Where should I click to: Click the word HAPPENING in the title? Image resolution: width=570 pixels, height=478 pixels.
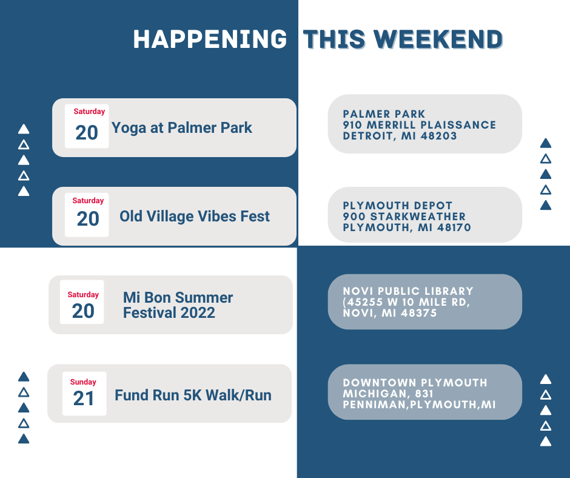pyautogui.click(x=210, y=39)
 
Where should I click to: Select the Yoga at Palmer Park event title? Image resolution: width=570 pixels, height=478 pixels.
pyautogui.click(x=182, y=128)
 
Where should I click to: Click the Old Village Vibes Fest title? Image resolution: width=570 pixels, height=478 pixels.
pyautogui.click(x=195, y=216)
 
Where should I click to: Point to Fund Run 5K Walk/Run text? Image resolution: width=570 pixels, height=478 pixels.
pyautogui.click(x=193, y=395)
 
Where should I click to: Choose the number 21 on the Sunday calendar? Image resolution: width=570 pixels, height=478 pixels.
pyautogui.click(x=84, y=399)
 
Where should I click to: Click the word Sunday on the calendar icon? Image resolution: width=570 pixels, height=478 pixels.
pyautogui.click(x=83, y=382)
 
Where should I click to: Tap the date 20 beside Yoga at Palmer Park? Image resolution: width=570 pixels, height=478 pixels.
pyautogui.click(x=87, y=132)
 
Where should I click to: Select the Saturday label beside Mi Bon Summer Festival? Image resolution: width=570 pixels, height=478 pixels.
pyautogui.click(x=83, y=295)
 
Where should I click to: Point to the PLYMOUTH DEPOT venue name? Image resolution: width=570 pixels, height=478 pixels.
pyautogui.click(x=397, y=206)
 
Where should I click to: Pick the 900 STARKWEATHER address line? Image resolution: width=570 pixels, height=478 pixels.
pyautogui.click(x=404, y=217)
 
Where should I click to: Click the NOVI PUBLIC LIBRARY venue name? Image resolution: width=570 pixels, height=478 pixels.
pyautogui.click(x=408, y=291)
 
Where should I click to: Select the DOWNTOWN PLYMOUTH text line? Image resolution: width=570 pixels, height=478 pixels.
pyautogui.click(x=415, y=383)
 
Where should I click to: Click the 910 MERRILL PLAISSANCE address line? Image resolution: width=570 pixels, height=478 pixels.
pyautogui.click(x=420, y=125)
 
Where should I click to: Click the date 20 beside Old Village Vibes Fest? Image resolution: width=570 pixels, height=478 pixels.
pyautogui.click(x=88, y=219)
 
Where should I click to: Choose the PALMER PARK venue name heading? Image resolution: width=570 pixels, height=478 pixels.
pyautogui.click(x=384, y=114)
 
